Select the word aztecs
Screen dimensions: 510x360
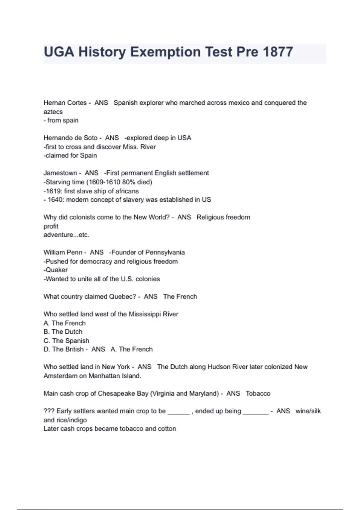pyautogui.click(x=53, y=112)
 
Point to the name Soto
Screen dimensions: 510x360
pyautogui.click(x=90, y=138)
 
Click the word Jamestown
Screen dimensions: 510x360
pyautogui.click(x=60, y=173)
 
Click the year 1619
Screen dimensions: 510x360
pyautogui.click(x=53, y=191)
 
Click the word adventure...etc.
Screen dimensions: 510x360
pyautogui.click(x=66, y=235)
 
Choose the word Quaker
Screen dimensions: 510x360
pyautogui.click(x=56, y=270)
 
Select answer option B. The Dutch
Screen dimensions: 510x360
pyautogui.click(x=63, y=331)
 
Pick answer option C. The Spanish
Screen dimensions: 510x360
pyautogui.click(x=66, y=340)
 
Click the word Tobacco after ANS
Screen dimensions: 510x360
pyautogui.click(x=258, y=393)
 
